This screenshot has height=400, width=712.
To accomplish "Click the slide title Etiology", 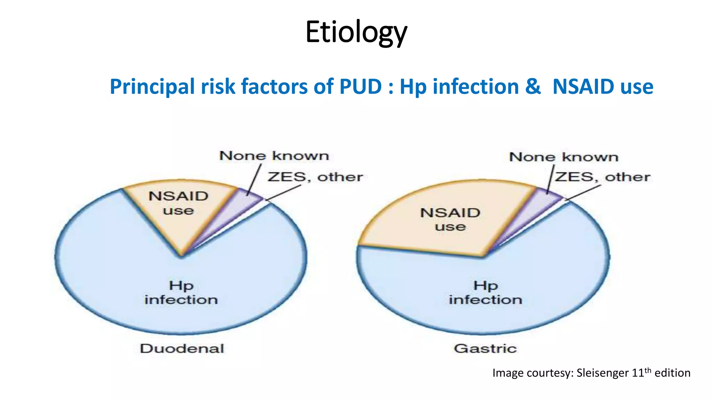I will (x=356, y=32).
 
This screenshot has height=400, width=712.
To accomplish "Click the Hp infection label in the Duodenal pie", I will (x=181, y=293).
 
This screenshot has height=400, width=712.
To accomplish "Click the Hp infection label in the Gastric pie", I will (x=485, y=293).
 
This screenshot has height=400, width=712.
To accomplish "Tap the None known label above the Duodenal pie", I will (x=274, y=156).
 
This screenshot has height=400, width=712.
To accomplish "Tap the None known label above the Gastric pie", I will (x=564, y=157).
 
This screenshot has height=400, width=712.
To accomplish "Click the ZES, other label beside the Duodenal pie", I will (x=315, y=177).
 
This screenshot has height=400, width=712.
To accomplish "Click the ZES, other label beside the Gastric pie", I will (x=602, y=177).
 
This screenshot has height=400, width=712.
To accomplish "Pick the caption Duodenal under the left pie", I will (x=182, y=348).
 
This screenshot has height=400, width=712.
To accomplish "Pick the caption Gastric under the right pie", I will (x=485, y=348).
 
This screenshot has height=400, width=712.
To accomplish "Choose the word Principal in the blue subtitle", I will (x=152, y=86).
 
